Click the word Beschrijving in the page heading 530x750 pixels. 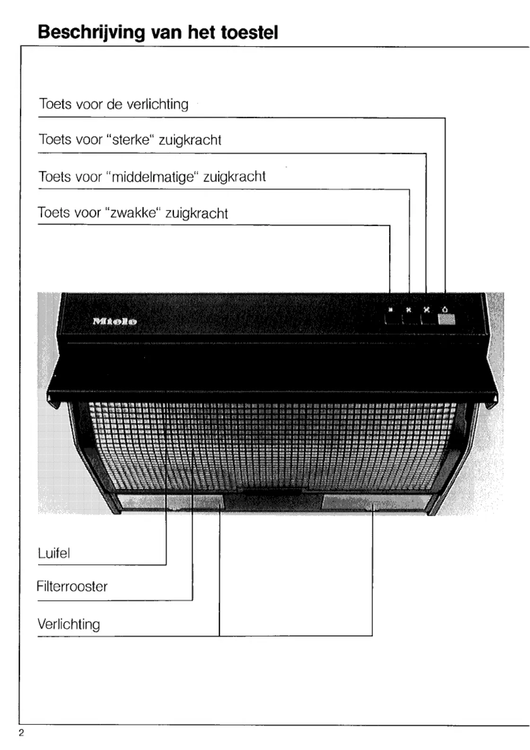(91, 33)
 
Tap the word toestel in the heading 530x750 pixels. (249, 33)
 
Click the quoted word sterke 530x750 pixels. (131, 140)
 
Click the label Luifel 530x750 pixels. (53, 553)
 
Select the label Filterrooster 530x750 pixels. (72, 586)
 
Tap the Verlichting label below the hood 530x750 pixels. (69, 624)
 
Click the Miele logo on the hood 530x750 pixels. (115, 321)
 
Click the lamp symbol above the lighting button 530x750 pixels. (445, 310)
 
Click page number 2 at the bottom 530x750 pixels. (21, 733)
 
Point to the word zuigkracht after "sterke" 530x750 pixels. (190, 140)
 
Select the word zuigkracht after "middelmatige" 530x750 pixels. (234, 177)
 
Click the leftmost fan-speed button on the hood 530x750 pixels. (393, 319)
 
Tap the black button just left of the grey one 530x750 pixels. (428, 319)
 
